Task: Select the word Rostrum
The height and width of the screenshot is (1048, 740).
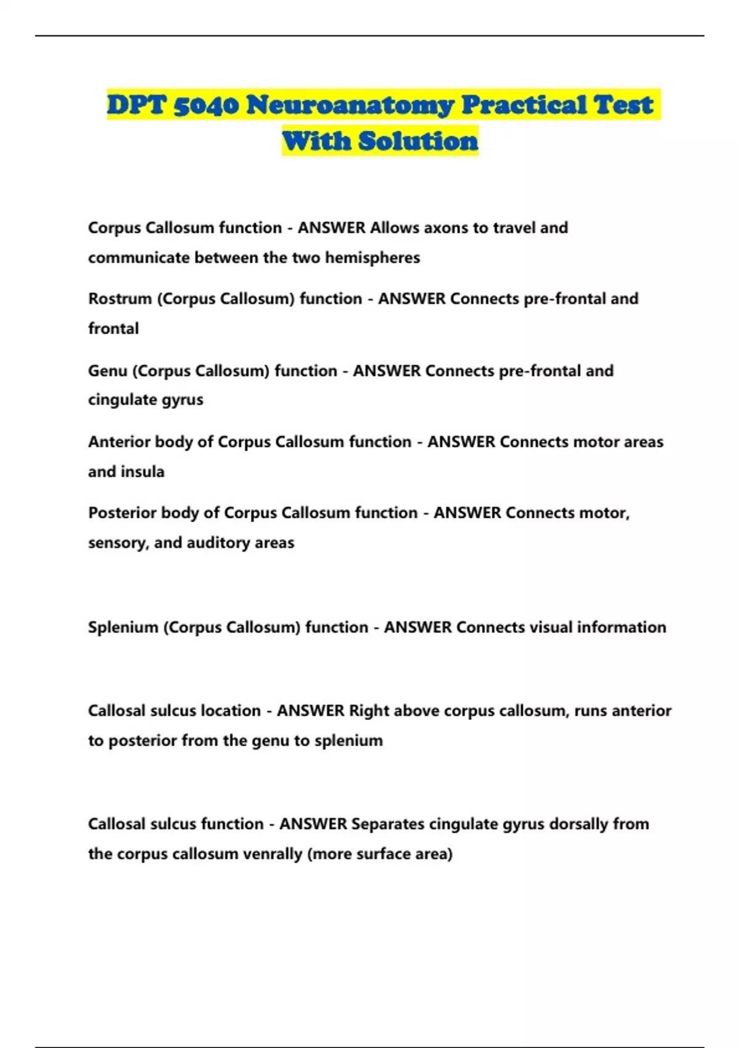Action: (x=120, y=299)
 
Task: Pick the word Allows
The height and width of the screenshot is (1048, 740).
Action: (x=395, y=228)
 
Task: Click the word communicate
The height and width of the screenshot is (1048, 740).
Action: (x=139, y=258)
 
